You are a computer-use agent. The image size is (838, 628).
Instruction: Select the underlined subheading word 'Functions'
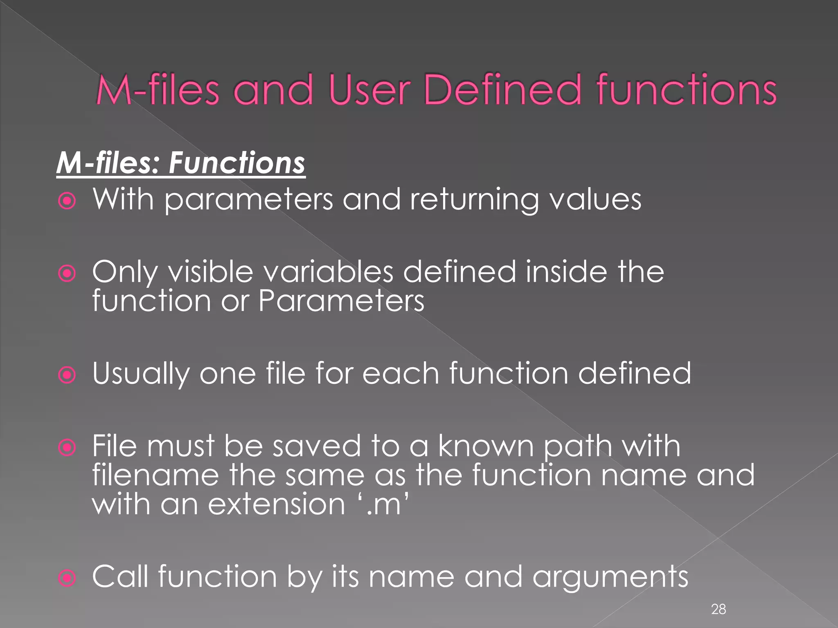(x=237, y=163)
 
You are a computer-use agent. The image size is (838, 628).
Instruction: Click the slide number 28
(x=719, y=609)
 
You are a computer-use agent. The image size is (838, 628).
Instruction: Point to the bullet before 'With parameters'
(x=67, y=201)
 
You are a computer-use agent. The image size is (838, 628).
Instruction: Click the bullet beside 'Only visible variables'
(x=67, y=274)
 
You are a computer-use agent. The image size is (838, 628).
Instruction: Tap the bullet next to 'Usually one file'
(x=67, y=375)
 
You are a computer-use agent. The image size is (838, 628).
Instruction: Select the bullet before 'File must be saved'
(x=67, y=448)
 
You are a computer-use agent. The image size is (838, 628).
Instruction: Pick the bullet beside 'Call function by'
(x=67, y=578)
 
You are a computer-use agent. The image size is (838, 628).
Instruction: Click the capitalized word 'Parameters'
(x=341, y=301)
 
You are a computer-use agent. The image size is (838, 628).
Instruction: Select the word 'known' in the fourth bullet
(x=486, y=446)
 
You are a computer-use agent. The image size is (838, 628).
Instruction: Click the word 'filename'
(x=155, y=475)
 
